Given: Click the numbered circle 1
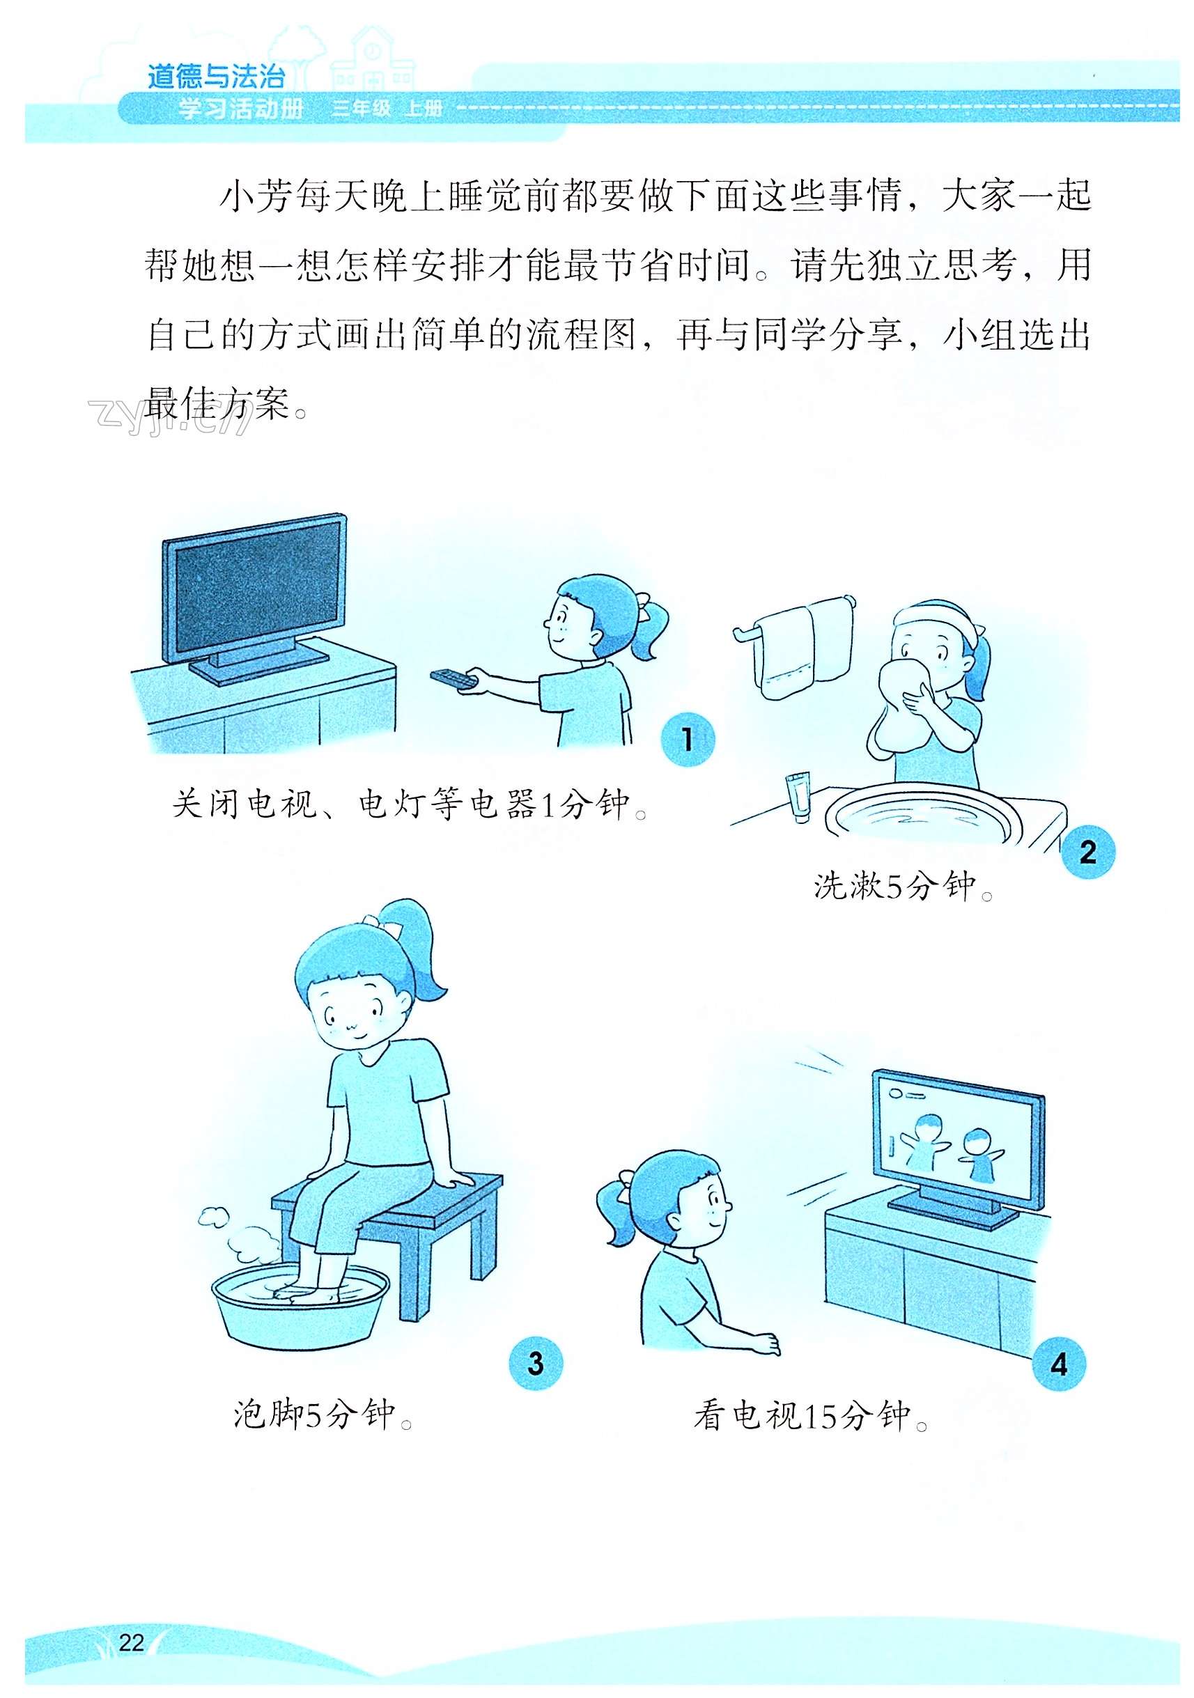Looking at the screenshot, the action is point(688,739).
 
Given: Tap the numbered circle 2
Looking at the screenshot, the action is point(1087,852).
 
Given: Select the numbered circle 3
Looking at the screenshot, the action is point(536,1363).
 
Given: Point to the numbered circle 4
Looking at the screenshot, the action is point(1059,1364).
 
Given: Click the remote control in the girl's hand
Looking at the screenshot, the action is point(453,678).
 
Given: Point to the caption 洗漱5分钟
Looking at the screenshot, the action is point(904,885).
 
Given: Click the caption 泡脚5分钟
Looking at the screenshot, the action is point(323,1415).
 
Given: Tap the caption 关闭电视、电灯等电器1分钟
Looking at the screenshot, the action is point(410,804).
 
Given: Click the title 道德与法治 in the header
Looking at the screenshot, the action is point(216,76).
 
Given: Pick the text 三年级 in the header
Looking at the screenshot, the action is point(361,109).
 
